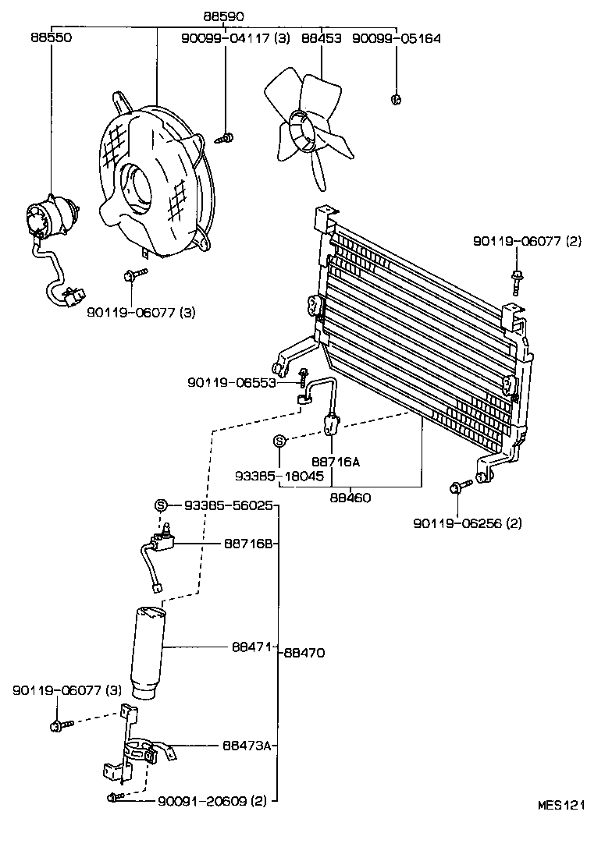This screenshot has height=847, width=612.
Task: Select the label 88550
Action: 52,37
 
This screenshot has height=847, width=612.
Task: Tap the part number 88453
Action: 322,37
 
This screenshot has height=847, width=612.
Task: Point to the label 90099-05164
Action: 396,37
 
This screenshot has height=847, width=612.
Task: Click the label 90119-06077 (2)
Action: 527,243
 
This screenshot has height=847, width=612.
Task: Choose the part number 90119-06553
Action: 232,382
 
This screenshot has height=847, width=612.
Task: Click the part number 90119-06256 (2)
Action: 468,523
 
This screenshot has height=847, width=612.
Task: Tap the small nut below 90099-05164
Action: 396,99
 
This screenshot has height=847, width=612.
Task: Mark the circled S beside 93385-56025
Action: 162,505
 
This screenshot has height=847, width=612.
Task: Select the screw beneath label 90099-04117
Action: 225,139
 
